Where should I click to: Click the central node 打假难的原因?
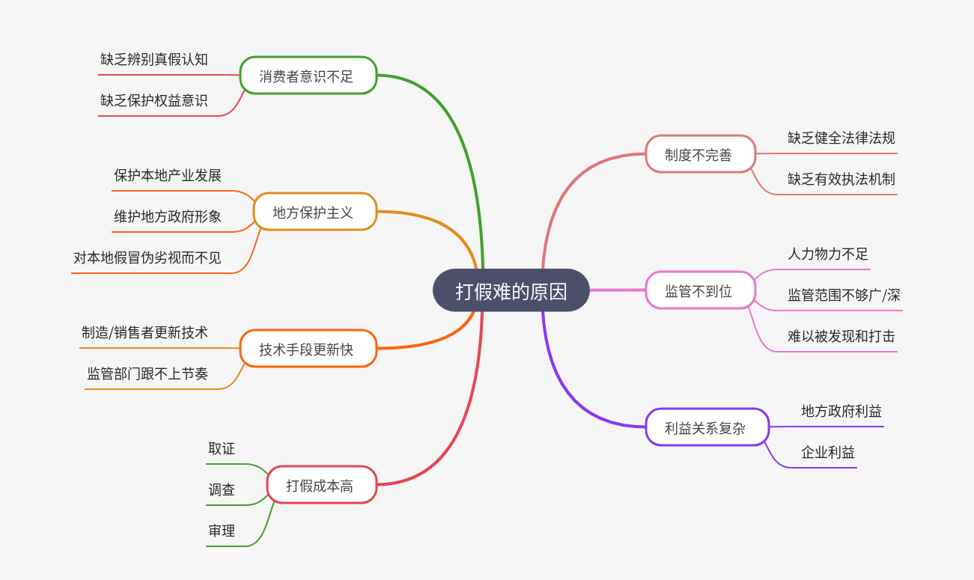tap(511, 291)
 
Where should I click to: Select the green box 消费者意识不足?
tap(308, 76)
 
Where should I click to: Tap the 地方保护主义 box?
tap(314, 212)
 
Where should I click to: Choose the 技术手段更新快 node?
tap(308, 349)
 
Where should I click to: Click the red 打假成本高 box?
tap(321, 485)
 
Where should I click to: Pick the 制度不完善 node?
tap(700, 154)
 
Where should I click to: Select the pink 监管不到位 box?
tap(700, 290)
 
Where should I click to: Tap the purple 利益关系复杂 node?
tap(707, 427)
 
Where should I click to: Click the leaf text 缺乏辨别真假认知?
tap(154, 59)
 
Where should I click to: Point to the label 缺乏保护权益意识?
tap(154, 100)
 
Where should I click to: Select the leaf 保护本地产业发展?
tap(168, 175)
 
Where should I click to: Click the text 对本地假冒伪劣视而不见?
tap(147, 257)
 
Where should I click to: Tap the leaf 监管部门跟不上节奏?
tap(147, 373)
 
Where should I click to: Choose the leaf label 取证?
tap(222, 448)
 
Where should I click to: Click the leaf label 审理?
tap(222, 531)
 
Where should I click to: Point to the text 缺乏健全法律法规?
tap(841, 138)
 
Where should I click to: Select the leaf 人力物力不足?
tap(828, 254)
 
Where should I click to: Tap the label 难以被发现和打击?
tap(841, 336)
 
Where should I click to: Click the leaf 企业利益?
tap(828, 452)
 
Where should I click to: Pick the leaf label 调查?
tap(222, 489)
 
